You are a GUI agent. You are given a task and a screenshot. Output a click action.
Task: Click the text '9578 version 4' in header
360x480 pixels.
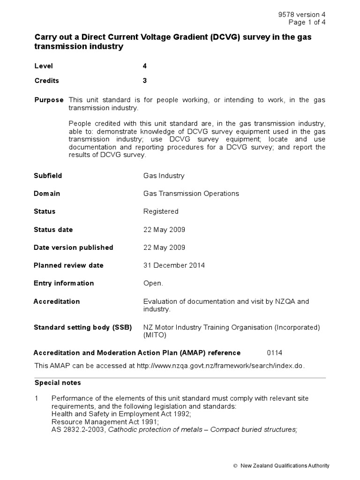pyautogui.click(x=302, y=15)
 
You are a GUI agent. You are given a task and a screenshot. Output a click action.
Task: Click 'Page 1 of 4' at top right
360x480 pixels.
pyautogui.click(x=307, y=22)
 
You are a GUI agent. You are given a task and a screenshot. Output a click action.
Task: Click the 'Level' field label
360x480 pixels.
pyautogui.click(x=44, y=66)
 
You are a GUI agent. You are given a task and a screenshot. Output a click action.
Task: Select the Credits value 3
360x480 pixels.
pyautogui.click(x=145, y=81)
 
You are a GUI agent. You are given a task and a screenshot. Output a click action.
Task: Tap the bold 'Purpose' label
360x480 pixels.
pyautogui.click(x=49, y=100)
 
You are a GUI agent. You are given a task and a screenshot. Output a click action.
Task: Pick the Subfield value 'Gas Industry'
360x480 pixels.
pyautogui.click(x=164, y=176)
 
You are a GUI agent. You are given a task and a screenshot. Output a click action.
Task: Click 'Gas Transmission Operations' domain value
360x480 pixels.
pyautogui.click(x=191, y=194)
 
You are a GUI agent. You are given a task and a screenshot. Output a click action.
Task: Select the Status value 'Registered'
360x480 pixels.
pyautogui.click(x=161, y=211)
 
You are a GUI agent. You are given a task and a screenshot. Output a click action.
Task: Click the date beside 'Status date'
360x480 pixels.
pyautogui.click(x=164, y=230)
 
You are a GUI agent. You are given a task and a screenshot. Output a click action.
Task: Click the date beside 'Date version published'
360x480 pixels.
pyautogui.click(x=164, y=247)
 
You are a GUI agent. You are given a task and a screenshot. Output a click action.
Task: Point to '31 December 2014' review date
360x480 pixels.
pyautogui.click(x=174, y=265)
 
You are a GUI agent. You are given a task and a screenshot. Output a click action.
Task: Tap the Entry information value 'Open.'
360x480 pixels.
pyautogui.click(x=153, y=283)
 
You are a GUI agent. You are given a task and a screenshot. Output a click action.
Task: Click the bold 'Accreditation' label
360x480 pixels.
pyautogui.click(x=57, y=301)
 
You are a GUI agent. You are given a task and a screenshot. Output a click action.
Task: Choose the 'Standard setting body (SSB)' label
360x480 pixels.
pyautogui.click(x=82, y=327)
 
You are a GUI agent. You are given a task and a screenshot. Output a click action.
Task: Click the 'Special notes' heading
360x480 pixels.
pyautogui.click(x=58, y=383)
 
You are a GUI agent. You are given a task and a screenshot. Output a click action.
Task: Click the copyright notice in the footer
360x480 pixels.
pyautogui.click(x=281, y=465)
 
